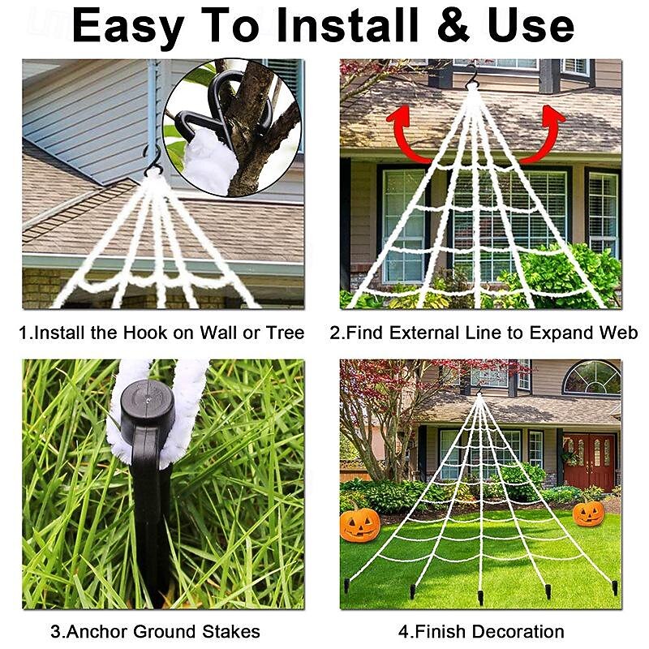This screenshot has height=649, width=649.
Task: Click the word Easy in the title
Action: click(x=127, y=26)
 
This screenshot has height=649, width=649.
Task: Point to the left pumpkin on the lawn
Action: click(x=359, y=524)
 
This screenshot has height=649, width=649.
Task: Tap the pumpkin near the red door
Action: click(x=588, y=513)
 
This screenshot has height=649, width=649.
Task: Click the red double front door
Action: click(x=590, y=462)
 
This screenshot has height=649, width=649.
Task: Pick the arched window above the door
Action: click(x=591, y=377)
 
